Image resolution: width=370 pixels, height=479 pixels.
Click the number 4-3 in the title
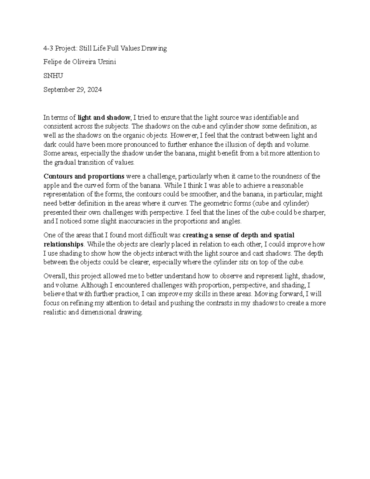point(48,48)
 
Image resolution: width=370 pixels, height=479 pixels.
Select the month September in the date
point(59,90)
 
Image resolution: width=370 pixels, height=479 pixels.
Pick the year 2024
point(94,90)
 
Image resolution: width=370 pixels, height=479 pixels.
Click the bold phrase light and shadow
point(104,118)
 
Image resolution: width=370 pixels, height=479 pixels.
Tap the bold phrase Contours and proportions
point(84,176)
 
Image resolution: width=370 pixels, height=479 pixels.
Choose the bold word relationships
point(63,244)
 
